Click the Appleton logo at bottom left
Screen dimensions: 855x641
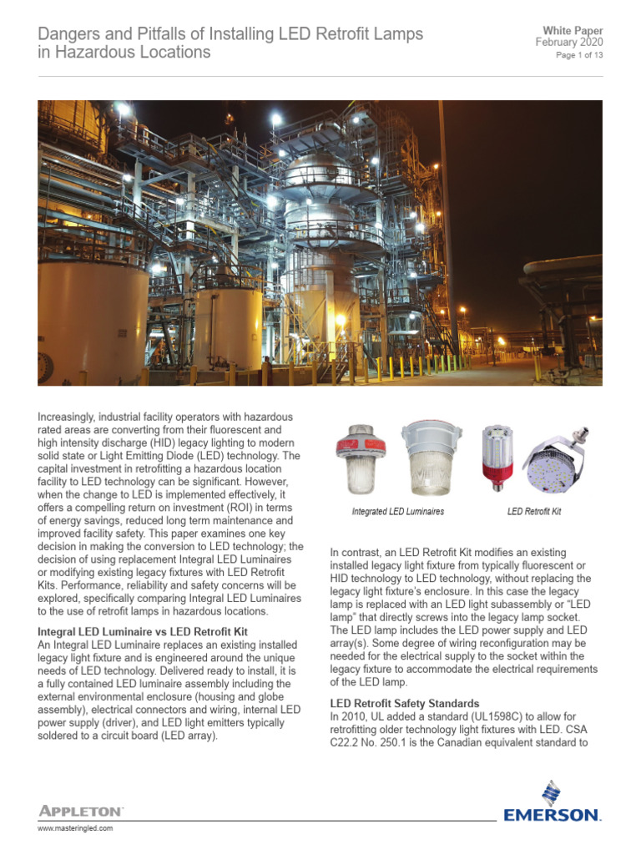(81, 811)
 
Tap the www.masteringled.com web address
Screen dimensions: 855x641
(76, 828)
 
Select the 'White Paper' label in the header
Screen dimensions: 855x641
(573, 31)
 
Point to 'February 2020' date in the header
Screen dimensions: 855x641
(569, 43)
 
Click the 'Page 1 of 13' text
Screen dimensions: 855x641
(579, 55)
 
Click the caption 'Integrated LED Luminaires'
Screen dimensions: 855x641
(397, 511)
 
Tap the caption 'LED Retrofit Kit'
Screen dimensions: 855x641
(534, 511)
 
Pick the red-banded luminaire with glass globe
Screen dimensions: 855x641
(360, 460)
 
